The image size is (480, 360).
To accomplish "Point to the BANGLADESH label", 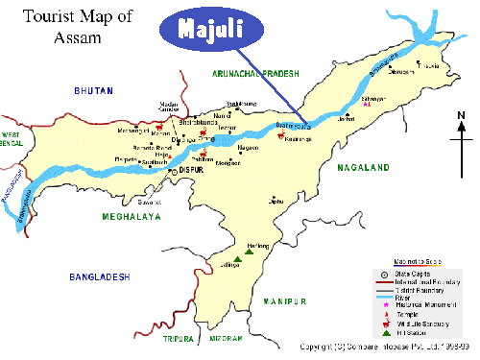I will tap(99, 276).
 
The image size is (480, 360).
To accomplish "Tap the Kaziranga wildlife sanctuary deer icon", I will tap(279, 135).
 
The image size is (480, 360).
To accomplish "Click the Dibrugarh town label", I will tap(403, 72).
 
